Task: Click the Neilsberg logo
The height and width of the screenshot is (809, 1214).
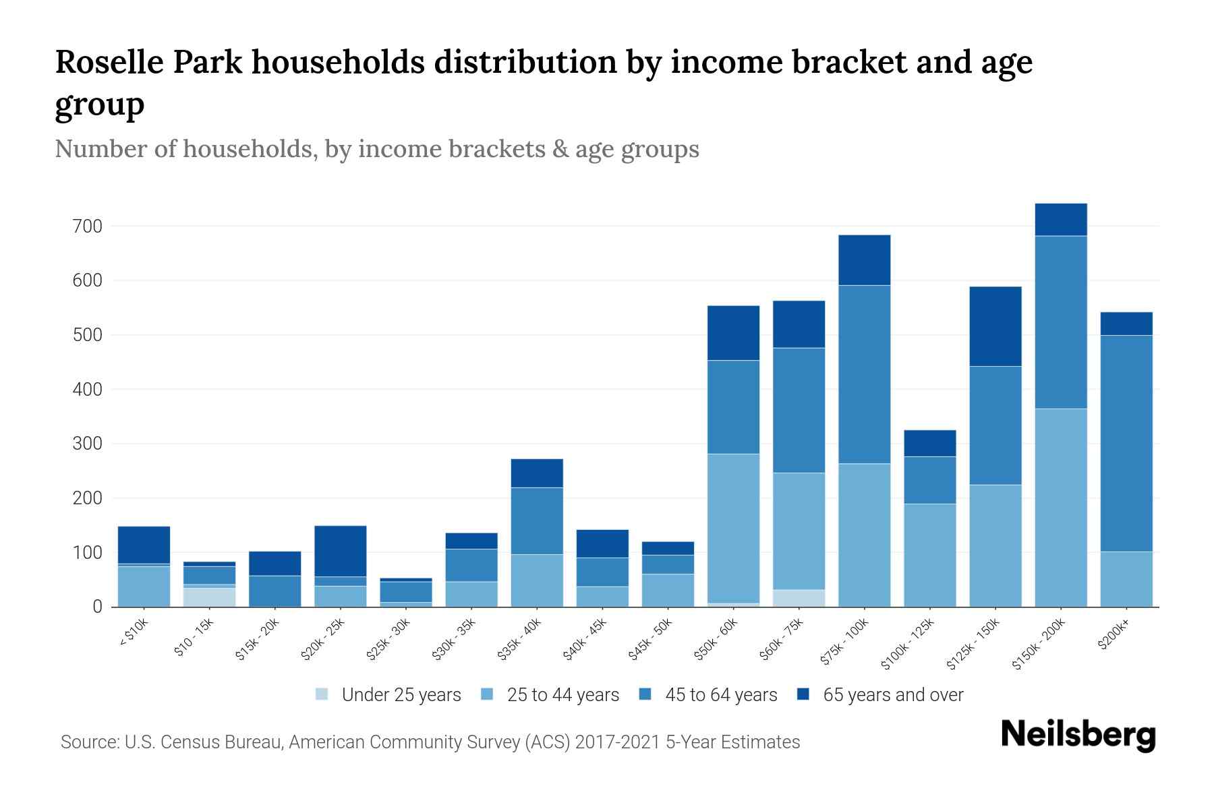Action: (x=1078, y=734)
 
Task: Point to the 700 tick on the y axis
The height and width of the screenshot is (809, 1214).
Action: (x=88, y=227)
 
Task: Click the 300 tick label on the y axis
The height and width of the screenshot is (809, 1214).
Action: (x=88, y=444)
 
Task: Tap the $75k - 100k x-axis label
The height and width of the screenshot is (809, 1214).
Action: (x=845, y=643)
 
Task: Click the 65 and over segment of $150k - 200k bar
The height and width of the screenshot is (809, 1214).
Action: (x=1060, y=220)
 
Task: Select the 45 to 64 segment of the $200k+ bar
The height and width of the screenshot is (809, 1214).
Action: (x=1126, y=444)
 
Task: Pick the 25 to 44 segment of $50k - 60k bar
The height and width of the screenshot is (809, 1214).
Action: (x=733, y=529)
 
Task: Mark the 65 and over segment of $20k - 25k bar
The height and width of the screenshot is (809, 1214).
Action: (x=340, y=551)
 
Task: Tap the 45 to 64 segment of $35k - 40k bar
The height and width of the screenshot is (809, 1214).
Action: (x=537, y=520)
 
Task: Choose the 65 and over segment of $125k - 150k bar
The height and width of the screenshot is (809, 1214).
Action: (x=995, y=326)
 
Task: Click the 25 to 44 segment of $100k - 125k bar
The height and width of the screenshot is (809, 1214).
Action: (x=929, y=556)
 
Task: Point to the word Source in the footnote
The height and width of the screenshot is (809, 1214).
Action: (x=89, y=742)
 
